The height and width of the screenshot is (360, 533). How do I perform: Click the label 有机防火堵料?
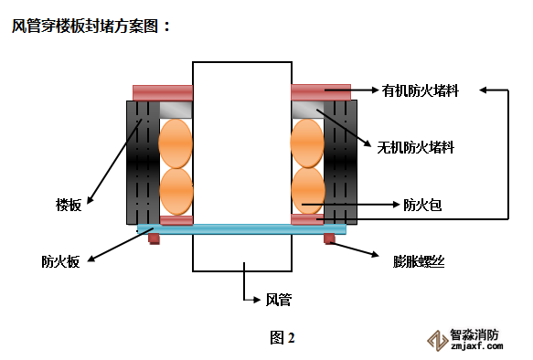click(421, 90)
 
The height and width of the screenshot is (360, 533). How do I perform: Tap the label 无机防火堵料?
click(416, 147)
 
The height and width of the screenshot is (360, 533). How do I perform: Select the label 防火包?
click(422, 205)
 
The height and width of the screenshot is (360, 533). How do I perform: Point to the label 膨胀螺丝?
click(419, 261)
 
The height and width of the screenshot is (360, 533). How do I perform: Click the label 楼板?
click(69, 205)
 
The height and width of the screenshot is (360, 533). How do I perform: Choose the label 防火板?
click(60, 261)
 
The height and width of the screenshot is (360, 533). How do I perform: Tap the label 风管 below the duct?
click(279, 300)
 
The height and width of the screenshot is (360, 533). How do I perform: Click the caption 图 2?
click(282, 337)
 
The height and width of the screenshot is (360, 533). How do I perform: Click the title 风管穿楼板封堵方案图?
click(85, 26)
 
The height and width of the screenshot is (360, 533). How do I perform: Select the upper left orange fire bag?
click(176, 143)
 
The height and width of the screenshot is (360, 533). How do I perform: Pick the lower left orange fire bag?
click(176, 192)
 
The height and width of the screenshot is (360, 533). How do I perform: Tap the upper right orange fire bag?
click(307, 143)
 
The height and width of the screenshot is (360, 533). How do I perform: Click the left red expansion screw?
click(154, 238)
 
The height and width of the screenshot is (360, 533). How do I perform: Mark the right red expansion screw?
click(329, 238)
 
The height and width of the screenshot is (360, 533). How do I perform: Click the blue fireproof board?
click(241, 229)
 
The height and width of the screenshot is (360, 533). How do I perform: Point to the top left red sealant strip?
click(163, 92)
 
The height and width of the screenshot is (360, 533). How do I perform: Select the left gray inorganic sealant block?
click(176, 110)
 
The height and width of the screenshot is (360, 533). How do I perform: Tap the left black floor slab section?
click(144, 163)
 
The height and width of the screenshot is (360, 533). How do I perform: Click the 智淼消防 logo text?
click(474, 334)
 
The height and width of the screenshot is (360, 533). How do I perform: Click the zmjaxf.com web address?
click(477, 346)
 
